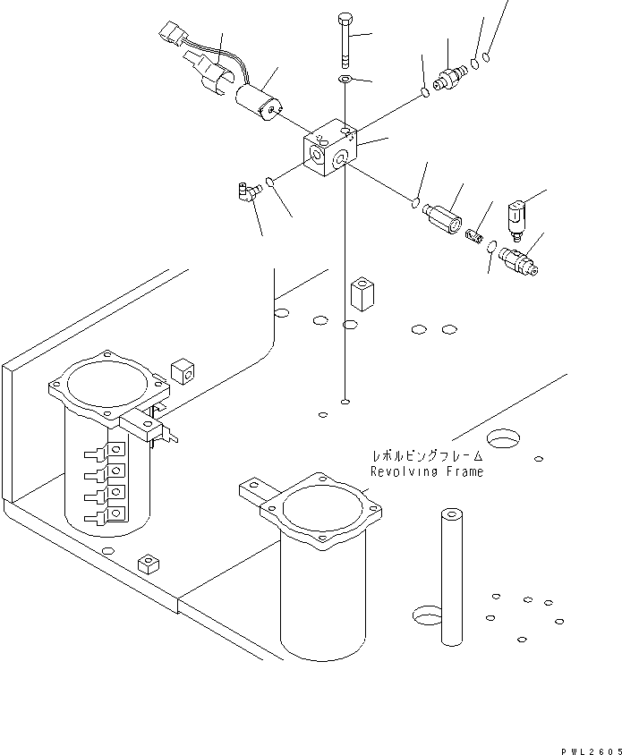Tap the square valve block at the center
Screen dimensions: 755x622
[x=330, y=149]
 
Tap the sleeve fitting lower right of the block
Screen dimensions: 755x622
[x=444, y=216]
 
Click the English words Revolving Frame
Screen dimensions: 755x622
[x=426, y=471]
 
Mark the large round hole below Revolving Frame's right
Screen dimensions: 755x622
[x=504, y=438]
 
